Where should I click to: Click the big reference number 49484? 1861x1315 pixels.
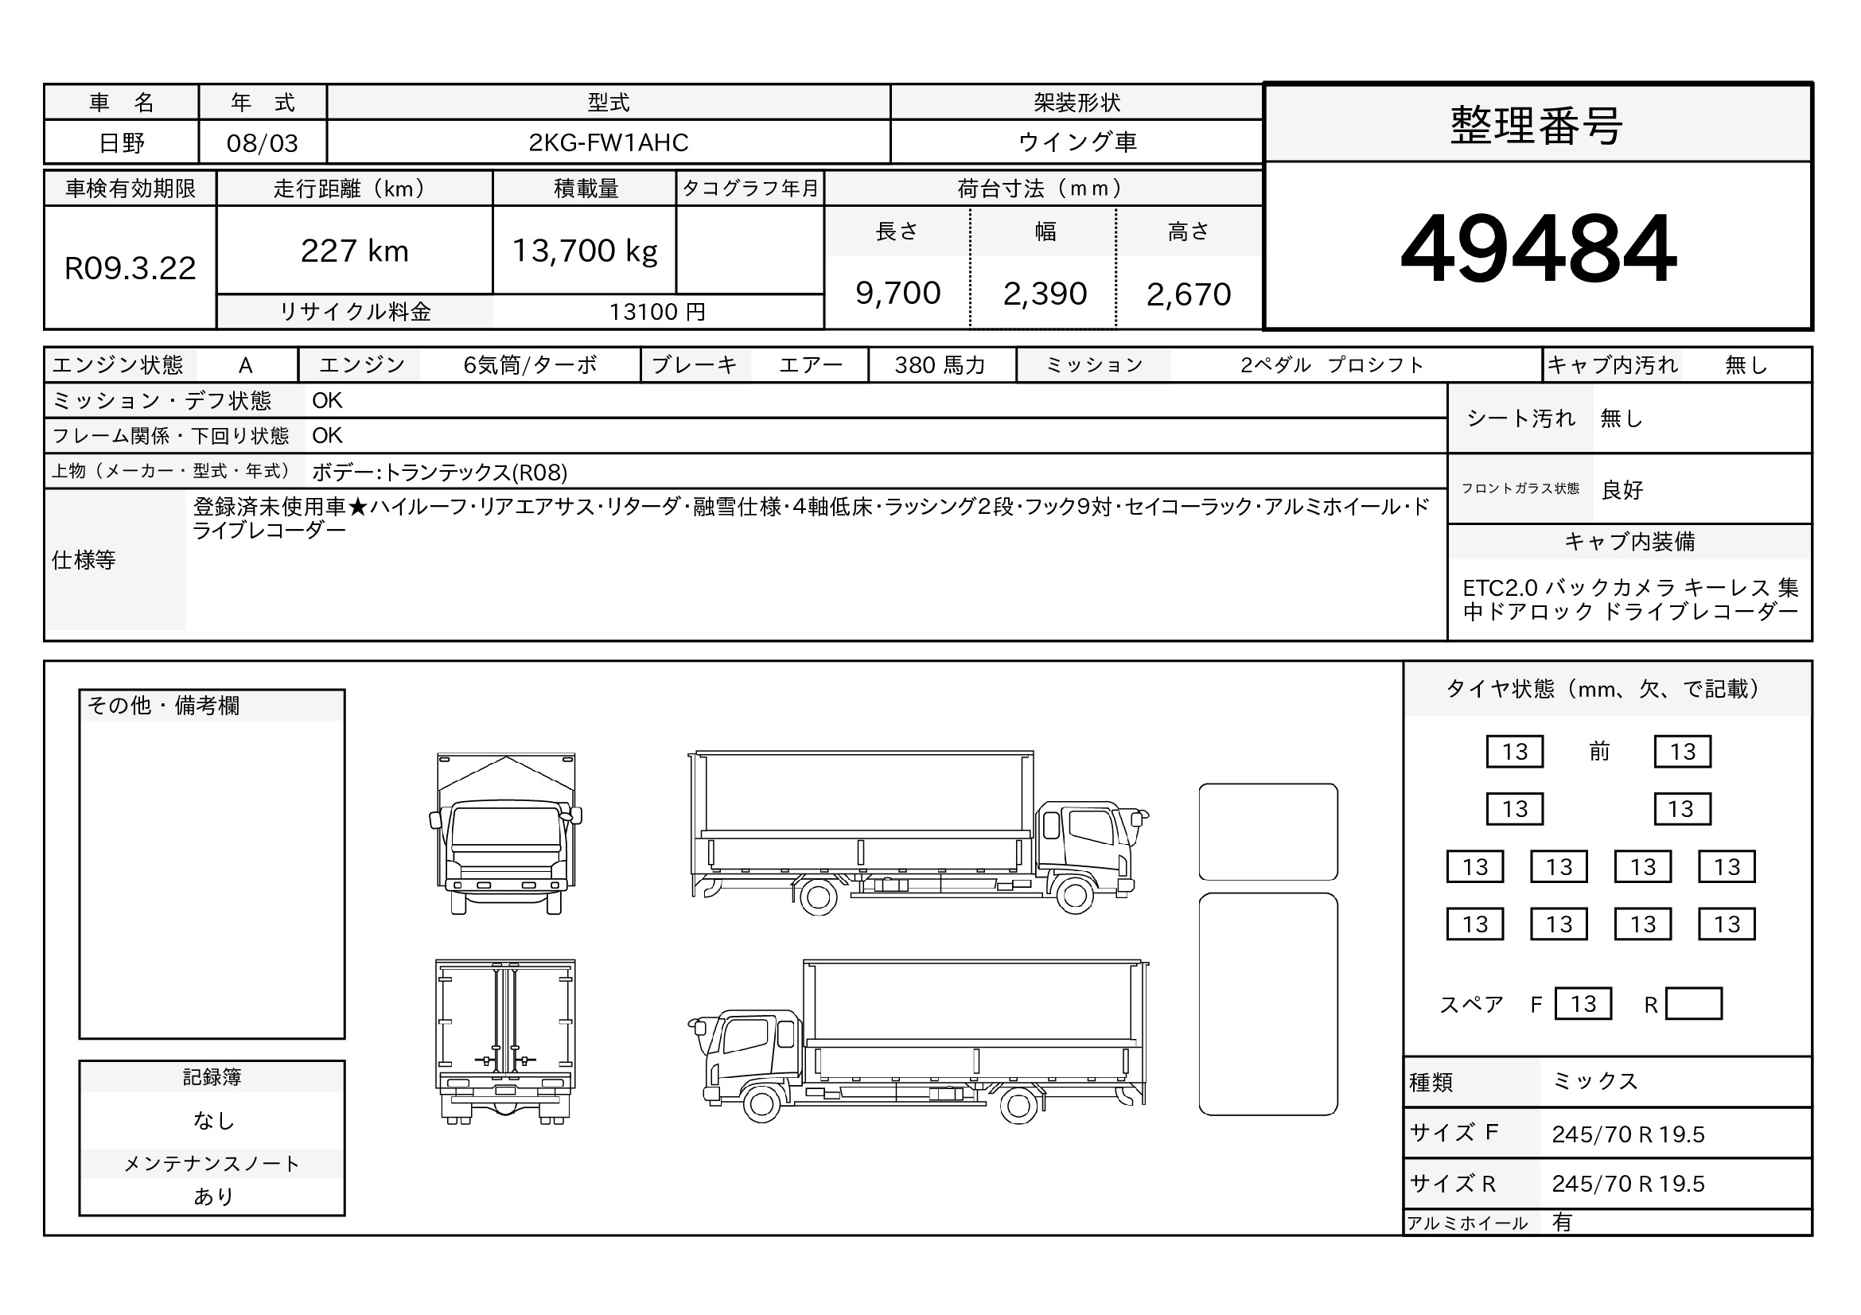click(1538, 248)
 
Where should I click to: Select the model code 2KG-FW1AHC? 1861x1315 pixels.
click(608, 142)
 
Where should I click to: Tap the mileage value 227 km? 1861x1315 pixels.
click(354, 251)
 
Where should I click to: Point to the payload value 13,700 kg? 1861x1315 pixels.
click(585, 251)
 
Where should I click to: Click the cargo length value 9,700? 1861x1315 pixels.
click(897, 294)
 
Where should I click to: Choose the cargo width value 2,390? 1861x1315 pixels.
click(1044, 294)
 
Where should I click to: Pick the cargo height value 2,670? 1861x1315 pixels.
click(1188, 294)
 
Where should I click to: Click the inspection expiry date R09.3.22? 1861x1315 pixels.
click(130, 268)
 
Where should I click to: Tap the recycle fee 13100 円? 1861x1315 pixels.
click(657, 312)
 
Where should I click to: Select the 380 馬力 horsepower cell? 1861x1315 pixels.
click(940, 365)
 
